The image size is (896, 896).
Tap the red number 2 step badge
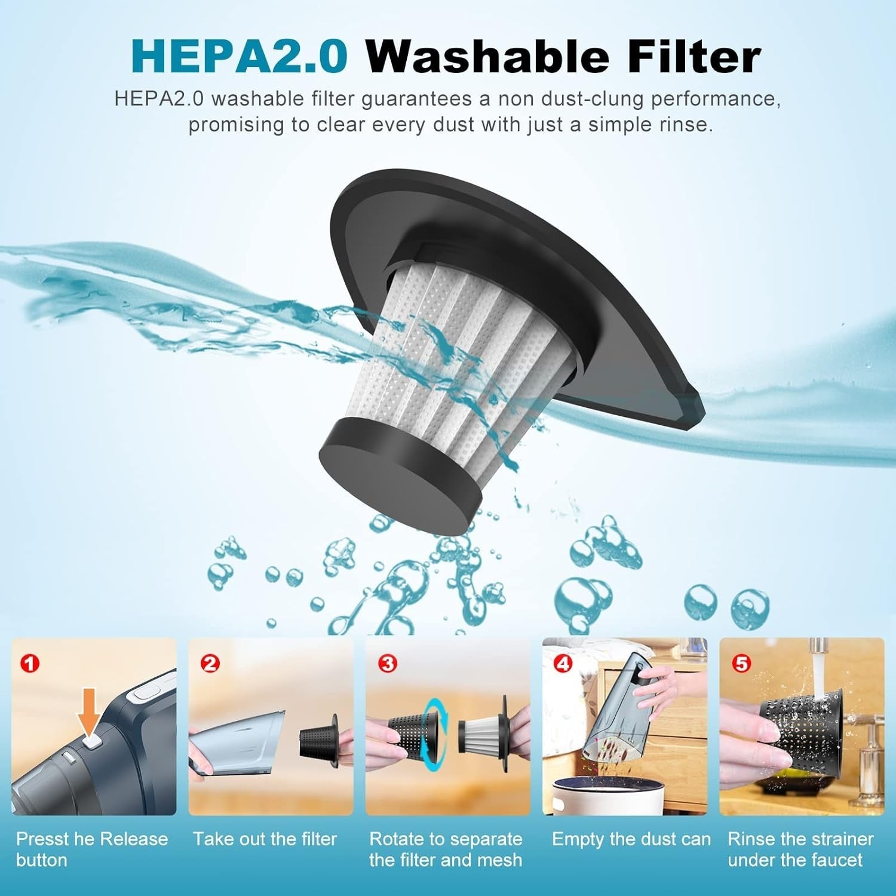tap(210, 663)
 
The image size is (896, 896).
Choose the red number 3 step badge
tap(388, 663)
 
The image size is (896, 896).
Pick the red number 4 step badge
tap(564, 663)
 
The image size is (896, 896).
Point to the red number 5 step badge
tap(741, 663)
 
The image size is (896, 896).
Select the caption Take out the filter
tap(265, 839)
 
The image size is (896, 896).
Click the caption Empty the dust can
tap(631, 839)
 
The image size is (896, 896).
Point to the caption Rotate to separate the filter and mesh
tap(446, 849)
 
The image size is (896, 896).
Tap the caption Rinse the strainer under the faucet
tap(800, 849)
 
